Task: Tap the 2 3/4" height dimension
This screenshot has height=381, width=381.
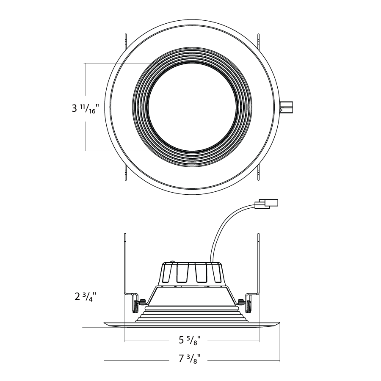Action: pyautogui.click(x=85, y=296)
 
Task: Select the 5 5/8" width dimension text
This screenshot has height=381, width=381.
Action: pyautogui.click(x=190, y=340)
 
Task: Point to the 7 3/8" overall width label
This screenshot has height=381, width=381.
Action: pyautogui.click(x=190, y=359)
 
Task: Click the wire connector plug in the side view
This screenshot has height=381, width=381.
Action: pyautogui.click(x=266, y=204)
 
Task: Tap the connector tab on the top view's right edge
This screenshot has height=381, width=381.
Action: pyautogui.click(x=286, y=107)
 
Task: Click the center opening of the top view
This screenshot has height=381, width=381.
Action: pyautogui.click(x=192, y=107)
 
